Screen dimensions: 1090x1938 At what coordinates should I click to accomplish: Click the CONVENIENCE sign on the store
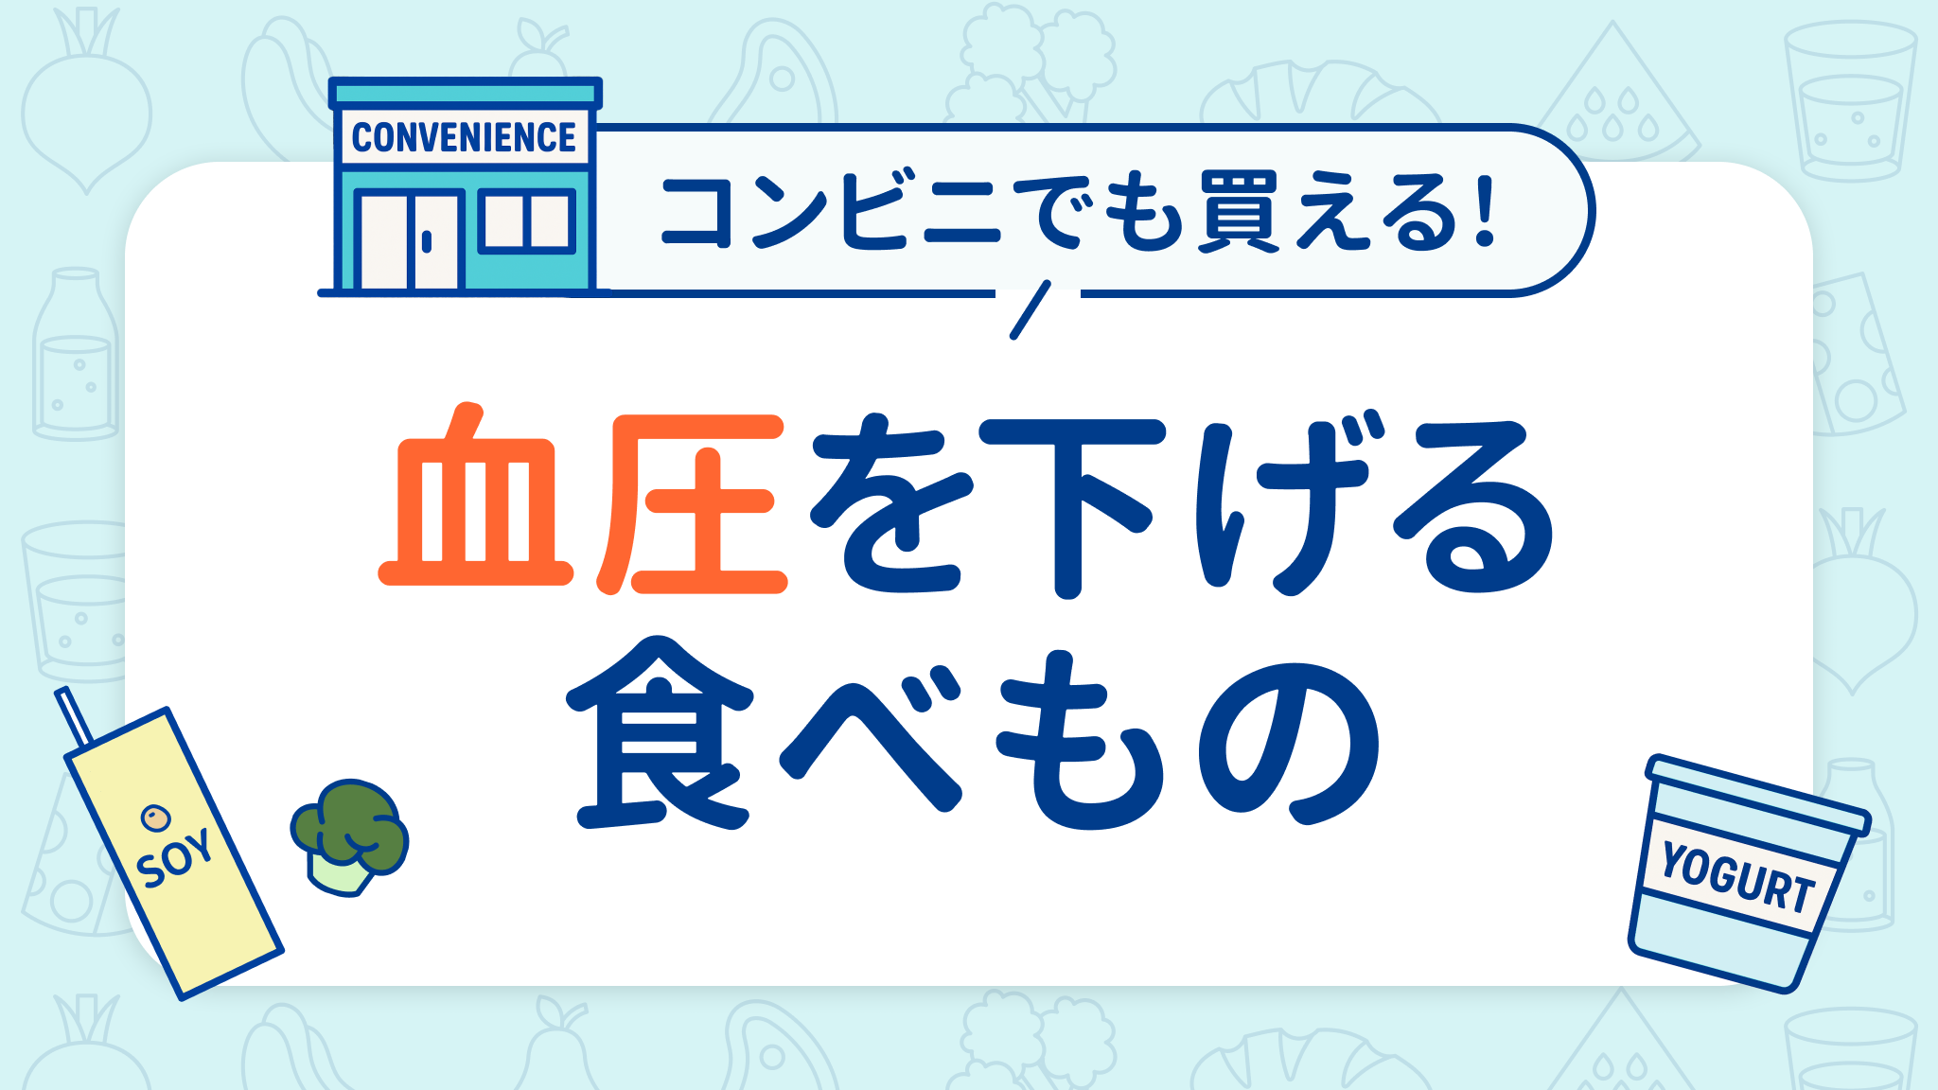tap(464, 138)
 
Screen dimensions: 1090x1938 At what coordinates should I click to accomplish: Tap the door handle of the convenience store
tap(427, 241)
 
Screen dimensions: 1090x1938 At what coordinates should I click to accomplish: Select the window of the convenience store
tap(527, 221)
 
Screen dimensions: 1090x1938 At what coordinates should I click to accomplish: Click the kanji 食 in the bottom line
tap(661, 733)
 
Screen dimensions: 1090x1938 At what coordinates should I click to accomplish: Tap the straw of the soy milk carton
tap(74, 717)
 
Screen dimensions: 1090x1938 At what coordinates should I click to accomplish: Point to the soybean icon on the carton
tap(154, 817)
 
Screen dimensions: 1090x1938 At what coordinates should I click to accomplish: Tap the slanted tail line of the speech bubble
tap(1031, 309)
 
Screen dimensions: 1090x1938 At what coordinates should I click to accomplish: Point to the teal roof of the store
tap(465, 93)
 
